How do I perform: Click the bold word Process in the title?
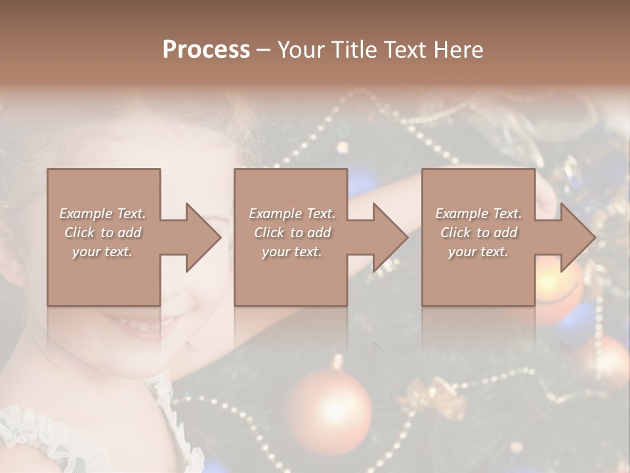[x=206, y=50]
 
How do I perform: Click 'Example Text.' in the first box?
[x=102, y=214]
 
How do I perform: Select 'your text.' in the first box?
[x=102, y=252]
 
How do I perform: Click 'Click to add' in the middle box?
[x=292, y=233]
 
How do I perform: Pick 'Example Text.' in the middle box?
[x=292, y=214]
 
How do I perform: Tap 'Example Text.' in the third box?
[x=478, y=214]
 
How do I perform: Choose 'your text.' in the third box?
[x=478, y=252]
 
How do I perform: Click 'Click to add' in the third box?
[x=478, y=233]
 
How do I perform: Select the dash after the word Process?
[x=263, y=50]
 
